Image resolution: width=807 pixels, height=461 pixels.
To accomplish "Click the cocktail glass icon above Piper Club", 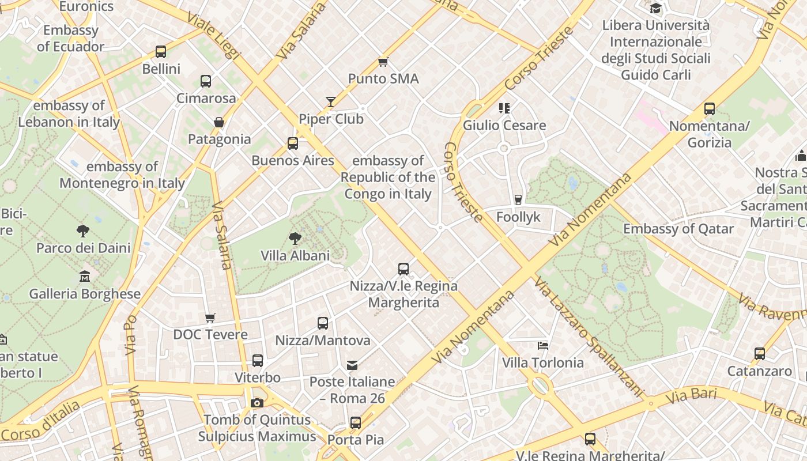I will (331, 102).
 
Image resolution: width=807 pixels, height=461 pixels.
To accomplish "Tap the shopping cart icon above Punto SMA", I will (383, 62).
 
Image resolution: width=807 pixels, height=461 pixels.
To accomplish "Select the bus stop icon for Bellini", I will (161, 52).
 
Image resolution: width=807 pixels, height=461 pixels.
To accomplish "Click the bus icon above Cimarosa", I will (206, 81).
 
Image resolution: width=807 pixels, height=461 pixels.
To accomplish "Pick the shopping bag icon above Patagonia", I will (219, 122).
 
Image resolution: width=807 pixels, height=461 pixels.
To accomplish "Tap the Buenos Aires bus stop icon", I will (293, 143).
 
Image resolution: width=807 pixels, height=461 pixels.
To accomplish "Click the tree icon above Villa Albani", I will (295, 238).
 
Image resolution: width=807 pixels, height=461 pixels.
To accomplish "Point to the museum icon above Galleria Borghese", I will (85, 276).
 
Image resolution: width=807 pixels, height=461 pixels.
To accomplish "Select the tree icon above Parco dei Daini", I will (83, 231).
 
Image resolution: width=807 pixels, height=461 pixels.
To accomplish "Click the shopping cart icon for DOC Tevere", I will (210, 318).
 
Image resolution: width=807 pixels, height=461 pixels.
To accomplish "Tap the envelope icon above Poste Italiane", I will (352, 365).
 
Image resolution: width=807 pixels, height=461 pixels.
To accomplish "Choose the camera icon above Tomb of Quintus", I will (257, 403).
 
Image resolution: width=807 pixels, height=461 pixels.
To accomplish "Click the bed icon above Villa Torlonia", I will (542, 346).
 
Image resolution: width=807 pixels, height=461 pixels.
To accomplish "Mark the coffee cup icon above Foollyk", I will (518, 200).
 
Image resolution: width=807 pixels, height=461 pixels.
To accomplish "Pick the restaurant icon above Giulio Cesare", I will (504, 108).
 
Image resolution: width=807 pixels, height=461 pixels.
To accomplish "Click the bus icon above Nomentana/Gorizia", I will (710, 109).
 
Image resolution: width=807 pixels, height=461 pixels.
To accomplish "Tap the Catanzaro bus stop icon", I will (760, 354).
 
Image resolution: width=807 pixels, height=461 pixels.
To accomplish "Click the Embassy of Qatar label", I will (678, 229).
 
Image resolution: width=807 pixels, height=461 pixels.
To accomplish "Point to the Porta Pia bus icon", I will (356, 423).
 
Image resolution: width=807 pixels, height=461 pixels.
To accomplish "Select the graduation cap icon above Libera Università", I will (656, 8).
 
